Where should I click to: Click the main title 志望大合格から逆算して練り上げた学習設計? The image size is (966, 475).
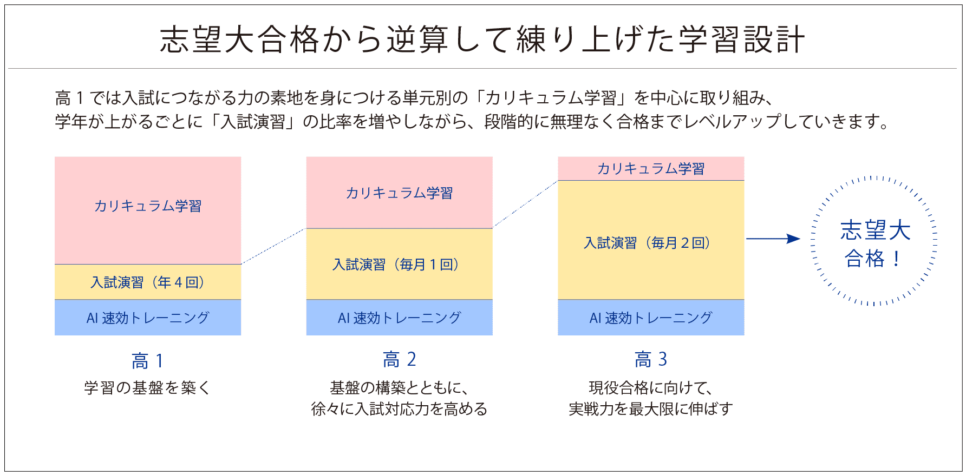click(x=482, y=39)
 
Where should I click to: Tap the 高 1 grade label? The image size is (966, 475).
click(x=147, y=361)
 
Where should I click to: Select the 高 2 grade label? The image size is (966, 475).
click(x=400, y=359)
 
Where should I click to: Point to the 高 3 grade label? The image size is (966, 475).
click(x=651, y=359)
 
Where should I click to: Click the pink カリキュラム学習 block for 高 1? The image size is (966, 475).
click(x=148, y=210)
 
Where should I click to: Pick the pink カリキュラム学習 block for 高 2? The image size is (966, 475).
click(x=400, y=193)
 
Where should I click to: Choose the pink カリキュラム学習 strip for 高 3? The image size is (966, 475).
click(x=651, y=168)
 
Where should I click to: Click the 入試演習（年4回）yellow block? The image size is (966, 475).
click(x=148, y=282)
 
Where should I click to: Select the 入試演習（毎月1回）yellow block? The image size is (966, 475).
click(x=400, y=264)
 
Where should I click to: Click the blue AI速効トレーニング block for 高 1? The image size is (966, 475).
click(x=148, y=318)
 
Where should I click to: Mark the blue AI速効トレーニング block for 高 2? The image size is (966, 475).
click(x=400, y=318)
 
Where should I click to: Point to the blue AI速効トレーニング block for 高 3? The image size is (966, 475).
click(x=651, y=318)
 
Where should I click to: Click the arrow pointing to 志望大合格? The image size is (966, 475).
click(x=773, y=239)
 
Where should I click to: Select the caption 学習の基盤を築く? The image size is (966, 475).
click(x=147, y=388)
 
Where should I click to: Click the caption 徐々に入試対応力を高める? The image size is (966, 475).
click(x=400, y=409)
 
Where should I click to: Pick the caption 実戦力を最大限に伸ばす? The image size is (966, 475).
click(x=651, y=409)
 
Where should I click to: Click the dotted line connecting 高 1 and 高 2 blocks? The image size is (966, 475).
click(x=273, y=246)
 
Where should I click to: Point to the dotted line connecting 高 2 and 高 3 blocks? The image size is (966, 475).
click(x=525, y=204)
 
